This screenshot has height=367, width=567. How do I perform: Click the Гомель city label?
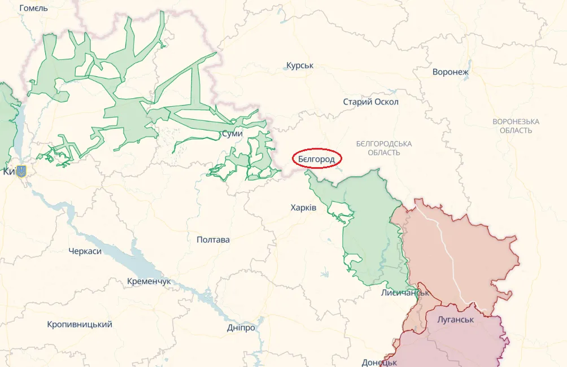[x=33, y=8]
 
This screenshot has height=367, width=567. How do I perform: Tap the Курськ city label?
[x=300, y=66]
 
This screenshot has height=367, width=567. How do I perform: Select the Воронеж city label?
[x=451, y=72]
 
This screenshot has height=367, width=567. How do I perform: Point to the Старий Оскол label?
[x=370, y=102]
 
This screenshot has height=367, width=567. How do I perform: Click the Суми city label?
[x=233, y=134]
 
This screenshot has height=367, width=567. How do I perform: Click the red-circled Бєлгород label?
[x=317, y=159]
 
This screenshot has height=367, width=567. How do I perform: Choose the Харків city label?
[x=303, y=208]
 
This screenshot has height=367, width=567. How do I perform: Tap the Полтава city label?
[x=213, y=240]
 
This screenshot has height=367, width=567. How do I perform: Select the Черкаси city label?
[x=85, y=251]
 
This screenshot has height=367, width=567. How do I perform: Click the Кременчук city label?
[x=149, y=281]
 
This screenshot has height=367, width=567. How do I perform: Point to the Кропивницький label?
[x=80, y=325]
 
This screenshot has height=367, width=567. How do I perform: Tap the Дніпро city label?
[x=241, y=328]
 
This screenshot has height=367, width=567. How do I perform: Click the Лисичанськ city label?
[x=405, y=293]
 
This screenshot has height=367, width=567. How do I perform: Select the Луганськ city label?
[x=455, y=320]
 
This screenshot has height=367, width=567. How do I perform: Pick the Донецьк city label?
[x=380, y=362]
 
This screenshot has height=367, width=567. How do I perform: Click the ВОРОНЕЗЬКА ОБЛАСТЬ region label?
[x=516, y=126]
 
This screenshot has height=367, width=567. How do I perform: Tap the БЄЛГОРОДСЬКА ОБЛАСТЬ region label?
[x=384, y=148]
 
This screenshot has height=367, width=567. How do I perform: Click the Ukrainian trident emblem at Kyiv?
[x=21, y=171]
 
